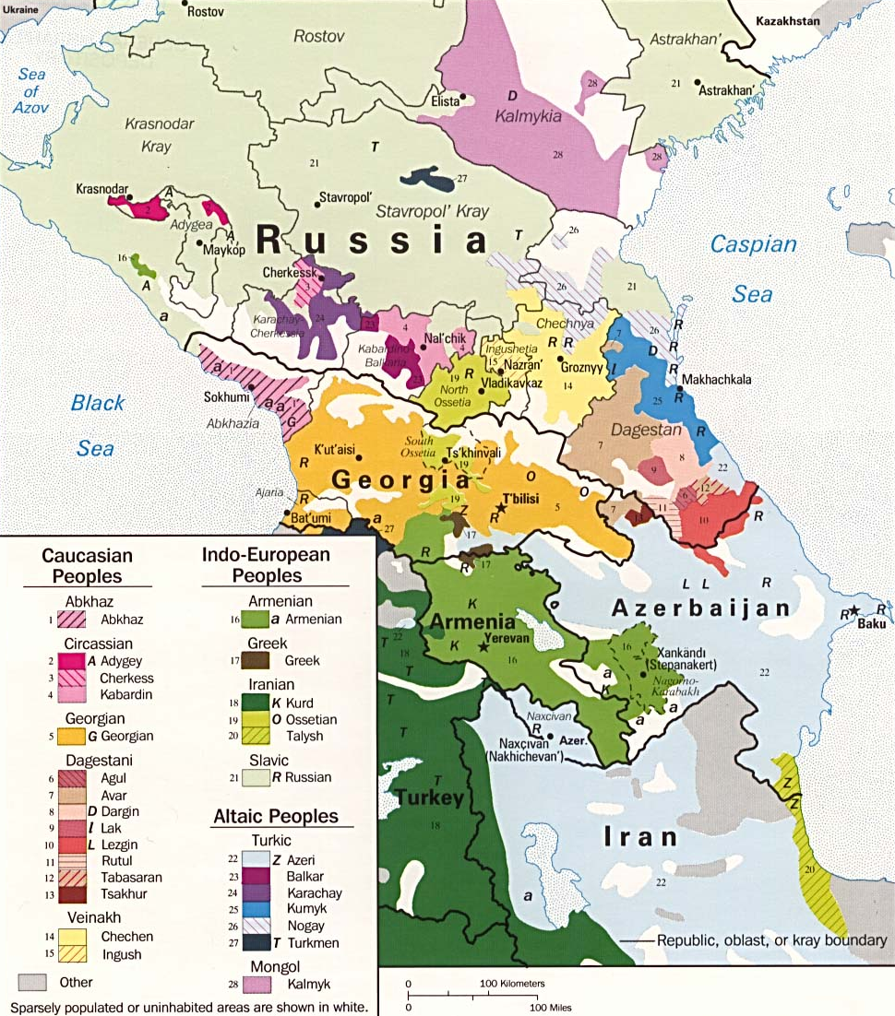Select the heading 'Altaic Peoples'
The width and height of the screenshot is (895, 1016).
pos(276,816)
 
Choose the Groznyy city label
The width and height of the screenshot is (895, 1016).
pos(581,366)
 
